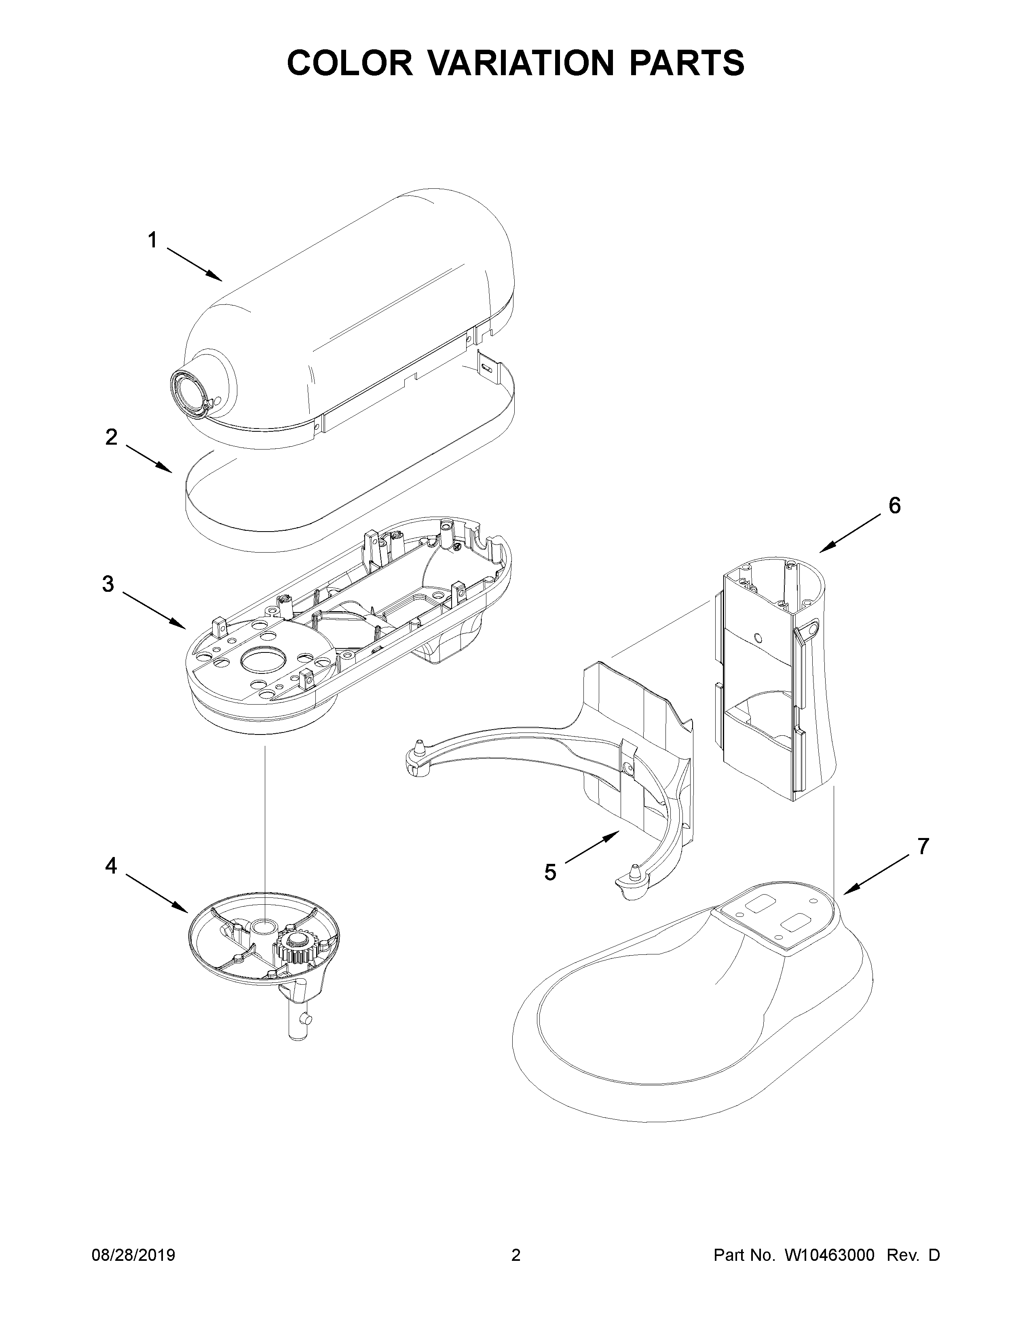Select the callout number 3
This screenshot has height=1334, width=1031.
pyautogui.click(x=108, y=585)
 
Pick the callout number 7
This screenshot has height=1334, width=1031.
pyautogui.click(x=922, y=846)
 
